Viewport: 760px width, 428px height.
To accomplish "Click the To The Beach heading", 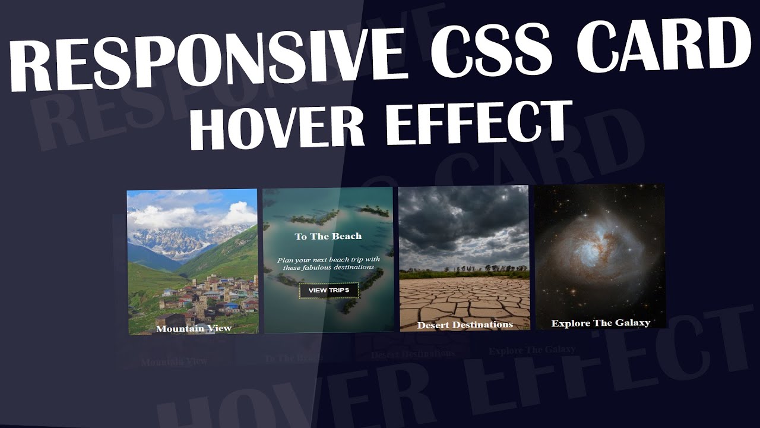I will point(328,237).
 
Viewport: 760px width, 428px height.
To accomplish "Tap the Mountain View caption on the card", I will point(194,328).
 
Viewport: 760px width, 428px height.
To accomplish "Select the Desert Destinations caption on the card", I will point(465,325).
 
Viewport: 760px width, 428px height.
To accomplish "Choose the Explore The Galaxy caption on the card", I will point(600,323).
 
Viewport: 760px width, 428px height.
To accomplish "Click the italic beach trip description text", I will point(328,263).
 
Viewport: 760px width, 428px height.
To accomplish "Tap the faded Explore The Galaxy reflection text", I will point(532,350).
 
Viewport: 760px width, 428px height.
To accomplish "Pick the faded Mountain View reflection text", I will point(174,361).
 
